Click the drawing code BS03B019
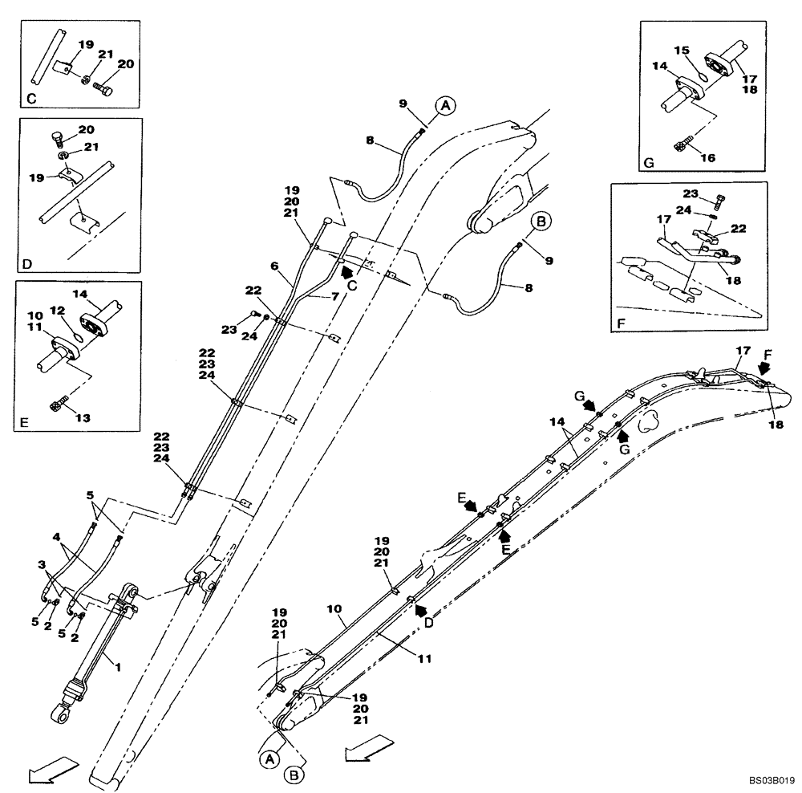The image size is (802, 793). tap(772, 779)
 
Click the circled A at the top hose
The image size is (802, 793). tap(446, 104)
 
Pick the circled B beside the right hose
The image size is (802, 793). tap(541, 222)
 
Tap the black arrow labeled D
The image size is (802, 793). tap(419, 611)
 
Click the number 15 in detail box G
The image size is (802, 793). tap(683, 51)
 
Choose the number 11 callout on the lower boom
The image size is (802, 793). tap(424, 658)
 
